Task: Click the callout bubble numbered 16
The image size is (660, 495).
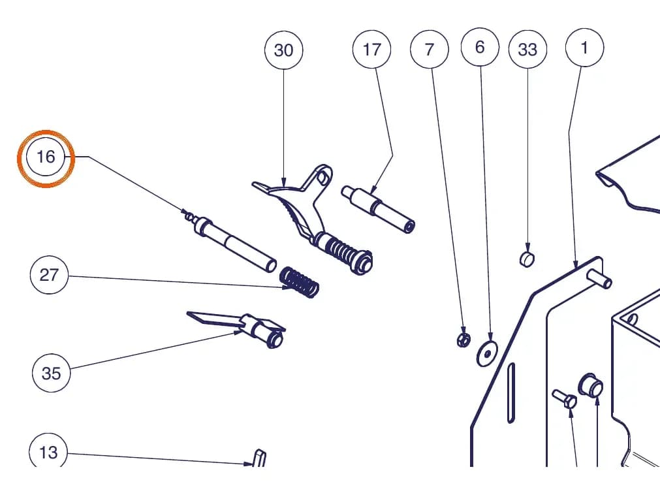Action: click(46, 157)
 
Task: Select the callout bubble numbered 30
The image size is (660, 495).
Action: click(284, 50)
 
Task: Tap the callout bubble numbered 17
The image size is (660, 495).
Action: click(371, 49)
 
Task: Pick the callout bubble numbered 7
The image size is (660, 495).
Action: click(430, 49)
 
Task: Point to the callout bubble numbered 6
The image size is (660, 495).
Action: click(480, 47)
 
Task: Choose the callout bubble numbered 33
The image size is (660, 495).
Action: click(528, 49)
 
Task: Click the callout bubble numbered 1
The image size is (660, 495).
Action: click(585, 48)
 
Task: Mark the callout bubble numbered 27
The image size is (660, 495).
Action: click(49, 275)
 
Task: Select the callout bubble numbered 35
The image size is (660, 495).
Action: click(52, 373)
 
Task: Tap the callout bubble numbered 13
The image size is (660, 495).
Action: click(48, 452)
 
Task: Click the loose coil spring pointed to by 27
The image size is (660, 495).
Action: click(300, 282)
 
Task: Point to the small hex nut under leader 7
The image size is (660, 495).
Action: click(464, 340)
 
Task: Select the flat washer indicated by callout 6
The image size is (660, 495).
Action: click(487, 353)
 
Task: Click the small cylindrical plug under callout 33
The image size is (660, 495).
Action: click(527, 259)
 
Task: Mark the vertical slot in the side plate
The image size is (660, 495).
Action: click(511, 392)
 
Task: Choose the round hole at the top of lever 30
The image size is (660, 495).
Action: click(322, 178)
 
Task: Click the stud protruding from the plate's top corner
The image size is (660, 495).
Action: click(599, 279)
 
